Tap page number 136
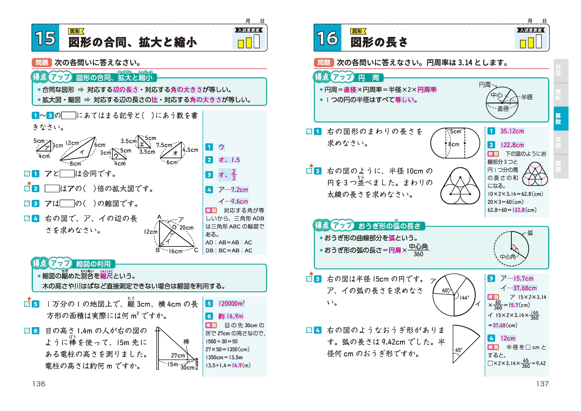(x=39, y=384)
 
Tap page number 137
(x=542, y=384)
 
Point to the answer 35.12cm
(x=512, y=131)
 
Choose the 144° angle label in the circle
(x=464, y=298)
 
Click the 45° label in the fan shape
(x=459, y=350)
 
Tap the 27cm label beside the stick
(x=178, y=355)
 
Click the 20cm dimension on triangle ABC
(x=186, y=228)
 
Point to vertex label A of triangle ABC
(x=159, y=217)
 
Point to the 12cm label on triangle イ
(x=72, y=143)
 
